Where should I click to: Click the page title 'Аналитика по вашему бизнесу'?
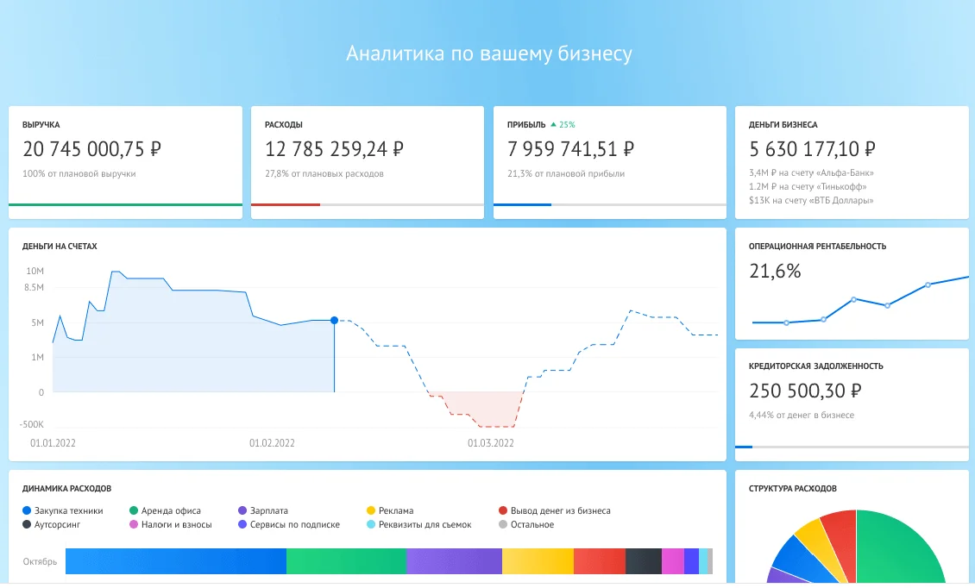pyautogui.click(x=488, y=54)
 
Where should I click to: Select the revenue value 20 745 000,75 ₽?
pyautogui.click(x=91, y=149)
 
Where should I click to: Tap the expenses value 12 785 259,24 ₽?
pyautogui.click(x=334, y=149)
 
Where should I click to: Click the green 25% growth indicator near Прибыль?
pyautogui.click(x=563, y=125)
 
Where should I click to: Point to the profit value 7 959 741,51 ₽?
pyautogui.click(x=571, y=149)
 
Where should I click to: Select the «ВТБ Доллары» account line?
pyautogui.click(x=811, y=200)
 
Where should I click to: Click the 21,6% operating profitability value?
pyautogui.click(x=775, y=272)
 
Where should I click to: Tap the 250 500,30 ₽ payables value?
pyautogui.click(x=805, y=391)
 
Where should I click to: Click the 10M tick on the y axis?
pyautogui.click(x=35, y=271)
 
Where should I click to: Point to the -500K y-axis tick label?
pyautogui.click(x=32, y=425)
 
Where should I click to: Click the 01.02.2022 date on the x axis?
pyautogui.click(x=272, y=443)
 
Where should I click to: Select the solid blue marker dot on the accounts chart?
pyautogui.click(x=334, y=320)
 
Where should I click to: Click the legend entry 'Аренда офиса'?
pyautogui.click(x=170, y=510)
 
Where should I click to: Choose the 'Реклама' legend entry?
pyautogui.click(x=395, y=510)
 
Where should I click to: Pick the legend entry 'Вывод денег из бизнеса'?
pyautogui.click(x=559, y=510)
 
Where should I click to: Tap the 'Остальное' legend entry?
pyautogui.click(x=531, y=524)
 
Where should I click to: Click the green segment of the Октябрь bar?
pyautogui.click(x=346, y=562)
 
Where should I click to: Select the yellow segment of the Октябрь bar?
pyautogui.click(x=538, y=562)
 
